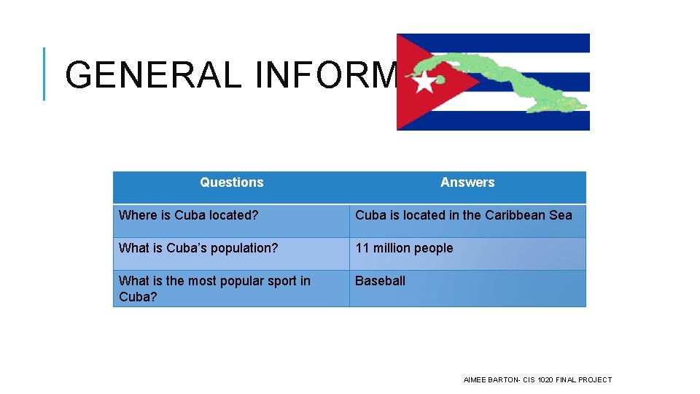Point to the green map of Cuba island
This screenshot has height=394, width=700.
coord(510,80)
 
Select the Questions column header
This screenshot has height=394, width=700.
coord(231,182)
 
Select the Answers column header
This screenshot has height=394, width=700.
coord(467,182)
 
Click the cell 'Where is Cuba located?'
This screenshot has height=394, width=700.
coord(188,215)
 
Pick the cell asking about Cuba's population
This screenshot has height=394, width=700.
coord(198,248)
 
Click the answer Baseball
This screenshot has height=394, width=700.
coord(380,281)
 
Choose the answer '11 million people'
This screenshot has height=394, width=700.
coord(404,248)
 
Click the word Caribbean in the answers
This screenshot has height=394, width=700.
coord(516,215)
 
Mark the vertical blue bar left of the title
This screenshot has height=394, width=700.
coord(44,74)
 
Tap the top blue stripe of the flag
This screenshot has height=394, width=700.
coord(525,42)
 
